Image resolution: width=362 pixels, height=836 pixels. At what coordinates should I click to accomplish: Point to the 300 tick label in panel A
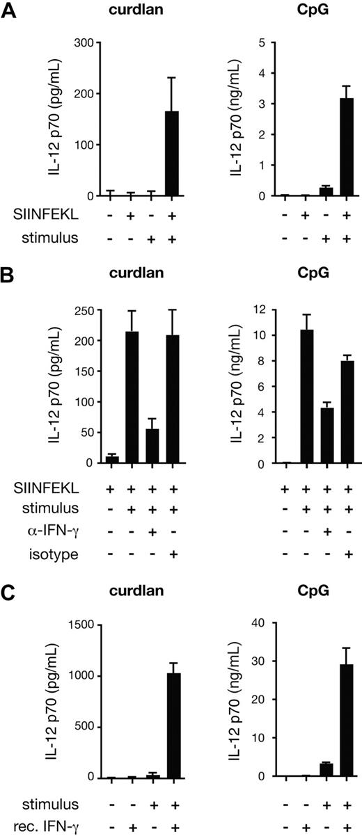[85, 42]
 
